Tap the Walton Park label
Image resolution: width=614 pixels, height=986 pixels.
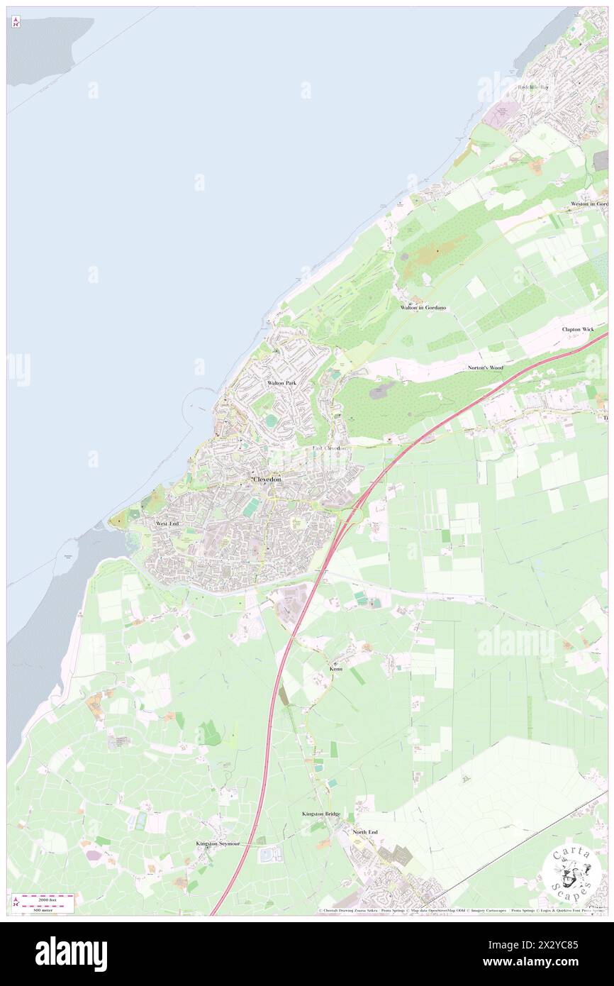281,383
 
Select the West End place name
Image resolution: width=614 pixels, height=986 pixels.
167,524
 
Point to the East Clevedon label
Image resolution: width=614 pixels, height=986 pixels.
330,448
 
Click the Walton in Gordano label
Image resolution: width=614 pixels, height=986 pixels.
423,307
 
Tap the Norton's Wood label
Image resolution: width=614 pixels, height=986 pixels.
486,367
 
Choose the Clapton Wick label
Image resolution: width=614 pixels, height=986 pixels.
578,329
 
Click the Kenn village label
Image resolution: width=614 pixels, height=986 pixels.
336,669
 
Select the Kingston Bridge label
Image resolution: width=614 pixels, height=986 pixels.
321,814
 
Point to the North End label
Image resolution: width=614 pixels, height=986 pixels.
365,832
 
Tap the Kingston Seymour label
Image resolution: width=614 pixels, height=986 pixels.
219,843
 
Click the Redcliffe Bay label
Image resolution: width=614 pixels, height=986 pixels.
533,87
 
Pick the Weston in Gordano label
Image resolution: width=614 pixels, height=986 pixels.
589,204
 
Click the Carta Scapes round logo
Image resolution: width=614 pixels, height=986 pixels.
571,872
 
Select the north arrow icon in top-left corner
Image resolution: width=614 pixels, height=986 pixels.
16,22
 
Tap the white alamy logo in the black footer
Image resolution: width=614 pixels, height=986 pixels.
71,954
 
